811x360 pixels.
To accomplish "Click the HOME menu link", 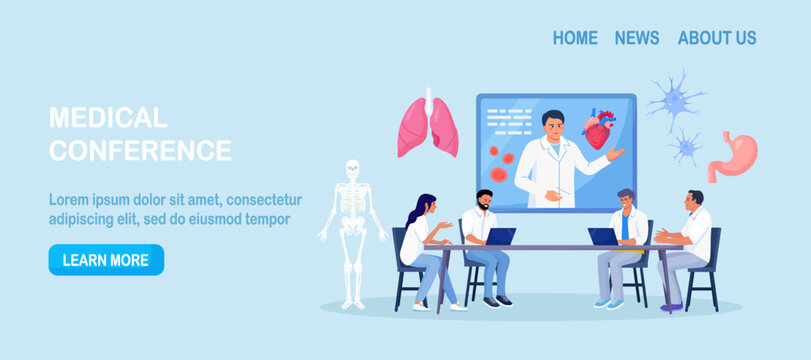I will [575, 38].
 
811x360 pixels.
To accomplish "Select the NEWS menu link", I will [637, 38].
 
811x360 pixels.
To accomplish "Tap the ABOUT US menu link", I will [717, 38].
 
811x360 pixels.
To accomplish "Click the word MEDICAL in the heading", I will [108, 118].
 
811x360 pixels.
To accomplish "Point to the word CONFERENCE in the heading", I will [140, 151].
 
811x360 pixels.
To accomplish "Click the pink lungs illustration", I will [428, 124].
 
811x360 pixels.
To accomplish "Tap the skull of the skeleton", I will [351, 171].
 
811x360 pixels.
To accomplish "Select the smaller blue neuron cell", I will [685, 146].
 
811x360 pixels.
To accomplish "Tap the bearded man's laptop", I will [500, 236].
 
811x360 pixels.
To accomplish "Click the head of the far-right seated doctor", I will [694, 200].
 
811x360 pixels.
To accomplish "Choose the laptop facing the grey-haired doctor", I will [603, 236].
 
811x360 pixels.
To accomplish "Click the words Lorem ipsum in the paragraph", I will [91, 199].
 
